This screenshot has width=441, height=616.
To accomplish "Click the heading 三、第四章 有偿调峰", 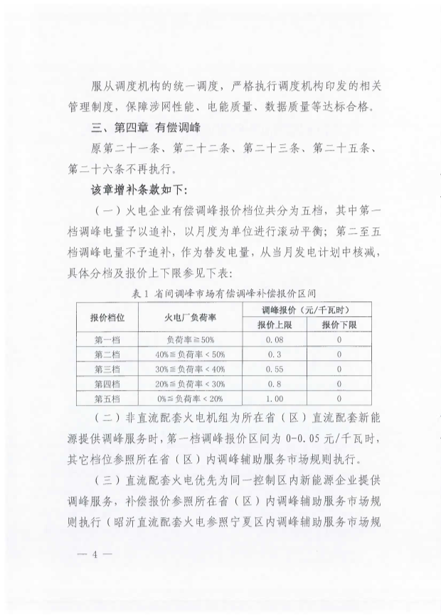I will [142, 129].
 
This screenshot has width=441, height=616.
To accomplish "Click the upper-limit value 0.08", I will [275, 340].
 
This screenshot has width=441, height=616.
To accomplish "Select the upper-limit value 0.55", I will [275, 369].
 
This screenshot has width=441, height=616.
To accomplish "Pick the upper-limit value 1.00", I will [275, 399].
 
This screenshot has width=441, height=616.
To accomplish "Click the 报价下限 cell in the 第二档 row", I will [340, 355].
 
